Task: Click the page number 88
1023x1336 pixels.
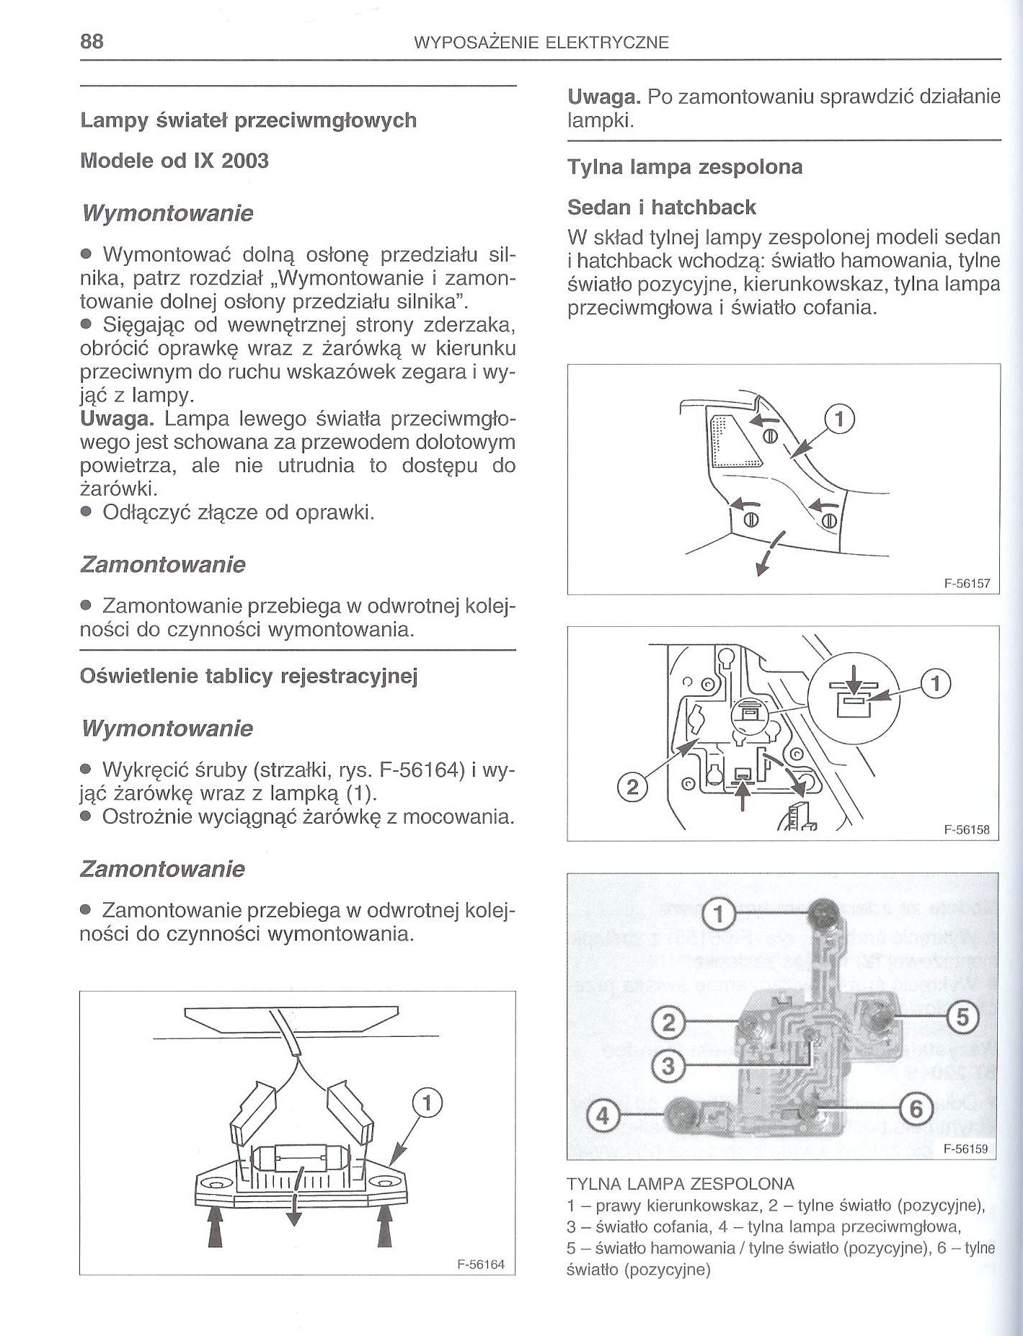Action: coord(92,41)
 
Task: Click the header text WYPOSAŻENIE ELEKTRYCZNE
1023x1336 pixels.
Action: coord(542,43)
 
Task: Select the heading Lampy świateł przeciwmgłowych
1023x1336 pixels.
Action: coord(248,120)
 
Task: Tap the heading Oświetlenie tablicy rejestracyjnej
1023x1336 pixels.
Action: coord(249,676)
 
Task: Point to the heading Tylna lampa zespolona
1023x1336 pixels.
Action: coord(685,167)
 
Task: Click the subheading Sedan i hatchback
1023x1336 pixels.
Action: coord(661,208)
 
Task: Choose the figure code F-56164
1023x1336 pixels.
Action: coord(481,1265)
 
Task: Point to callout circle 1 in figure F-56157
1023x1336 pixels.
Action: coord(840,419)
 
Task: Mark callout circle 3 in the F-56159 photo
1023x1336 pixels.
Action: coord(669,1064)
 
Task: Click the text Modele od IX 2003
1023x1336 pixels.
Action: coord(174,161)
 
